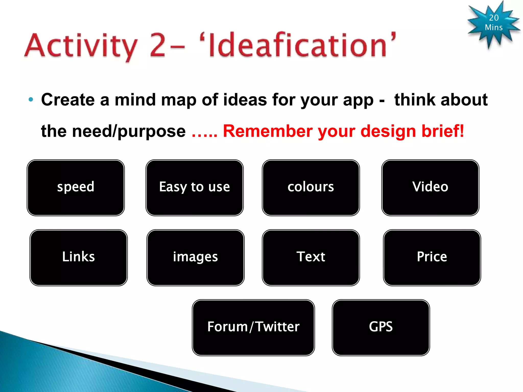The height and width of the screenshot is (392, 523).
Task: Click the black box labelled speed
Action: click(76, 188)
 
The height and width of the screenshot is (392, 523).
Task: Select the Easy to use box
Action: click(194, 188)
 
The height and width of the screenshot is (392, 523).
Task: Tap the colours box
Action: click(311, 188)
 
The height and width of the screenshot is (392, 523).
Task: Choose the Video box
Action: click(430, 188)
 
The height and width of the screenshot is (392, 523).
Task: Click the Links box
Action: click(78, 258)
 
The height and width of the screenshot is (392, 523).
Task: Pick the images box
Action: click(195, 258)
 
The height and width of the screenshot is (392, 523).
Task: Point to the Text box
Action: click(311, 258)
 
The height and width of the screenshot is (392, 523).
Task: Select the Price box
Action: click(432, 258)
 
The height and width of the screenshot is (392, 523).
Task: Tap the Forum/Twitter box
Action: click(253, 327)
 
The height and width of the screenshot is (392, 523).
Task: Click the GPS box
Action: click(381, 327)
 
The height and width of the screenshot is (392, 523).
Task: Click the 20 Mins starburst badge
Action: click(493, 23)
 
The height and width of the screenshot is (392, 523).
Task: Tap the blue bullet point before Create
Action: click(31, 100)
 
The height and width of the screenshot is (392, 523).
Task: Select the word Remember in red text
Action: click(267, 131)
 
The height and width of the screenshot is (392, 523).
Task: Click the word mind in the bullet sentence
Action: click(135, 100)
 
